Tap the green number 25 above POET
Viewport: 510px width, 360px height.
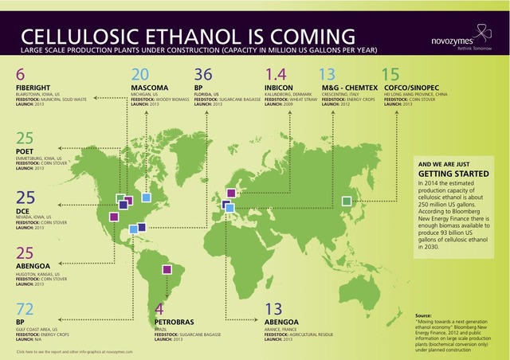[x=25, y=138]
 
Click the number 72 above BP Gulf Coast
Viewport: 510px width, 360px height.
[x=25, y=309]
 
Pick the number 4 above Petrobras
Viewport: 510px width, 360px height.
[x=159, y=308]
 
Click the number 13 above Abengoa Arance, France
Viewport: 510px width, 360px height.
[x=273, y=309]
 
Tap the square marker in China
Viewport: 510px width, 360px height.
[x=346, y=202]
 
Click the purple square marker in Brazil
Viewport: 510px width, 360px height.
[x=167, y=269]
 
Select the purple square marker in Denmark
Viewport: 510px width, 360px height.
[x=231, y=193]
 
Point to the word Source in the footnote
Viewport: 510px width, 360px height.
[x=423, y=316]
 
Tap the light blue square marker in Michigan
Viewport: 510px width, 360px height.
[x=146, y=197]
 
